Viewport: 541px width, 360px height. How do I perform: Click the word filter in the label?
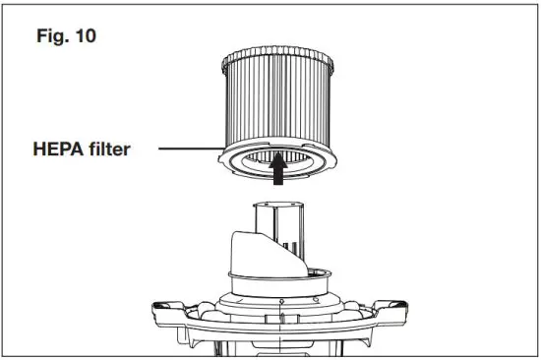click(111, 150)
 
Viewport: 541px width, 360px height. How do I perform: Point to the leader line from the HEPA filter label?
click(183, 150)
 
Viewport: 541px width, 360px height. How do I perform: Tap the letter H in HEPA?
click(39, 150)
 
